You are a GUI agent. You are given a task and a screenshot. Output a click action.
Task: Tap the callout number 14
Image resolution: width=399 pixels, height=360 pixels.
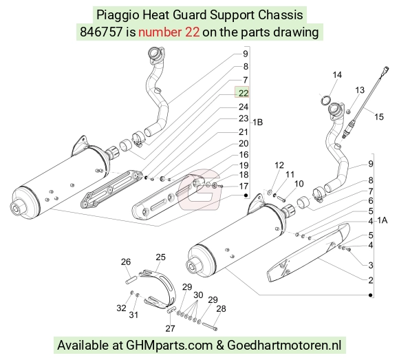[x=337, y=75]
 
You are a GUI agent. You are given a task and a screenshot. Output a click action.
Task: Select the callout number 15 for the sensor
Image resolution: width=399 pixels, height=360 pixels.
[x=378, y=117]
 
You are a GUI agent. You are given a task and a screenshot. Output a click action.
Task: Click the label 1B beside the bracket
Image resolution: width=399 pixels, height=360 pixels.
[x=257, y=123]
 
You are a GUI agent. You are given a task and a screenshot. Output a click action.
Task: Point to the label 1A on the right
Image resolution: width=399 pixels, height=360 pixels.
[x=382, y=220]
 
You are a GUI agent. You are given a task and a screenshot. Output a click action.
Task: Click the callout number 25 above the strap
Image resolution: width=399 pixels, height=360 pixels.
[x=160, y=257]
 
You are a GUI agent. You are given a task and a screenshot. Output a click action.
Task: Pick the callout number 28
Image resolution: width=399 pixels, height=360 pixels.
[x=221, y=309]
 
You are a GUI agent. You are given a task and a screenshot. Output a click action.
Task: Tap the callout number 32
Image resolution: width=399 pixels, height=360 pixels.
[x=121, y=308]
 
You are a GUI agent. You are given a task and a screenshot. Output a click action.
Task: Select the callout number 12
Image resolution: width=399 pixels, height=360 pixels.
[x=279, y=165]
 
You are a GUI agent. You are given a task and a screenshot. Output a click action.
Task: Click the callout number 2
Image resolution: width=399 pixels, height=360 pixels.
[x=371, y=280]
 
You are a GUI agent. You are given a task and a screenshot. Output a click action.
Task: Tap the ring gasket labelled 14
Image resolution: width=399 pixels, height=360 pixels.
[x=325, y=100]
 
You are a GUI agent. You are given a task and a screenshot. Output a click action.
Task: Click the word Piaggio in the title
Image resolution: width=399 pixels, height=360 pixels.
[x=118, y=15]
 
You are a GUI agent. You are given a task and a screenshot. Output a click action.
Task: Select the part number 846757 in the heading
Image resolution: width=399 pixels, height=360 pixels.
[x=101, y=32]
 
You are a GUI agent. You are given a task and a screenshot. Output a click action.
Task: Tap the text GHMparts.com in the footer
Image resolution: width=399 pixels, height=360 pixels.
[x=169, y=346]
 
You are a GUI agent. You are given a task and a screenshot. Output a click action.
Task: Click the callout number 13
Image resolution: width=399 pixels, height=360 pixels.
[x=360, y=90]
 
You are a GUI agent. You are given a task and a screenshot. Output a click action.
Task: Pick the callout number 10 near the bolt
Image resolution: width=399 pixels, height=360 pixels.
[x=299, y=184]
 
